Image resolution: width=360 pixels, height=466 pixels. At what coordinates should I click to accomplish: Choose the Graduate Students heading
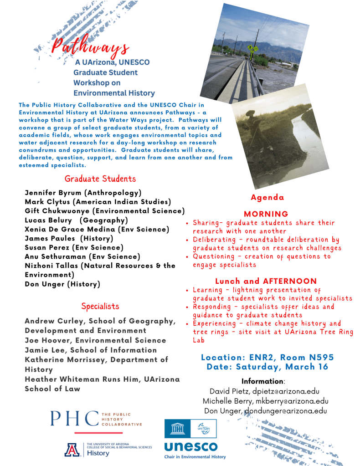100,179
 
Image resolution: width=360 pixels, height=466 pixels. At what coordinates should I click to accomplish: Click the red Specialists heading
100,306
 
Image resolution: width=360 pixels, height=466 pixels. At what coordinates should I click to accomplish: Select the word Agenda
267,198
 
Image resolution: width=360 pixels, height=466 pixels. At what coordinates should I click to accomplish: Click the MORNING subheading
266,214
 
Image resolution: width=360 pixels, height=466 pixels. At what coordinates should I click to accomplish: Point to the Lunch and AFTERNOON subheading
266,281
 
